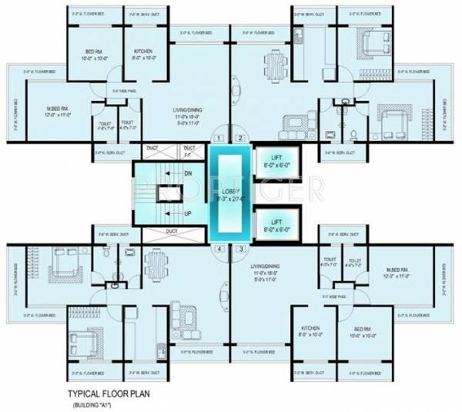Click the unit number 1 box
(x=219, y=139)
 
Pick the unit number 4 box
(x=219, y=250)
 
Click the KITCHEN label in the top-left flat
(x=143, y=51)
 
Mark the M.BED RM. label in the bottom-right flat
(x=400, y=270)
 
